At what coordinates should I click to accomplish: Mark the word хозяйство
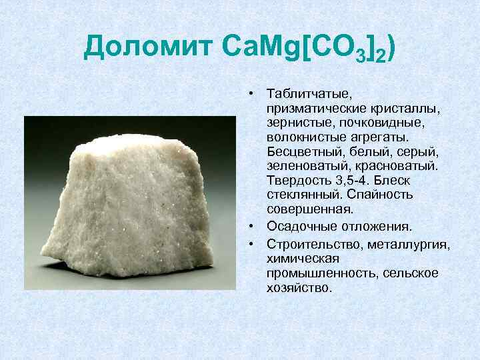298,289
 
